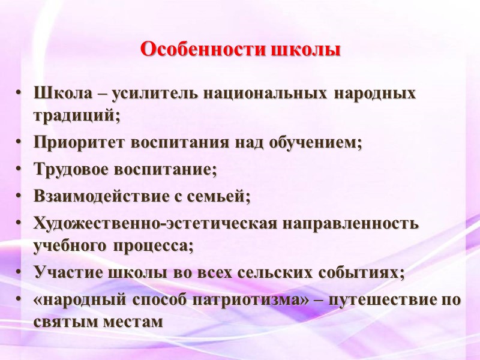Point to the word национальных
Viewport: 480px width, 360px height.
click(266, 95)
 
